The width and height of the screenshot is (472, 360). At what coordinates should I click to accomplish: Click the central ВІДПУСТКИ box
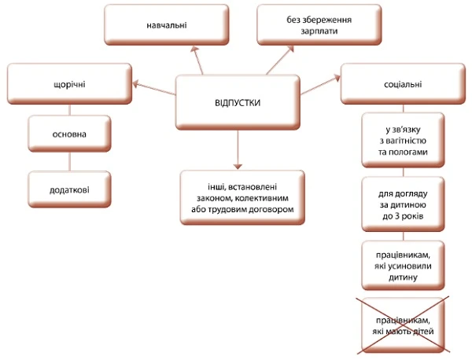click(237, 104)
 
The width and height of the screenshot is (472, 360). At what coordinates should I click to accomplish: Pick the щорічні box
click(69, 83)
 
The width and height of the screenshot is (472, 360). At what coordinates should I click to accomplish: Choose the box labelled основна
click(70, 134)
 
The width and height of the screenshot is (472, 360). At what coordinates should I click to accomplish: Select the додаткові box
click(70, 190)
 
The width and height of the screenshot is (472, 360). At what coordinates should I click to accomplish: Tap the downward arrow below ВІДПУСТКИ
click(237, 149)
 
